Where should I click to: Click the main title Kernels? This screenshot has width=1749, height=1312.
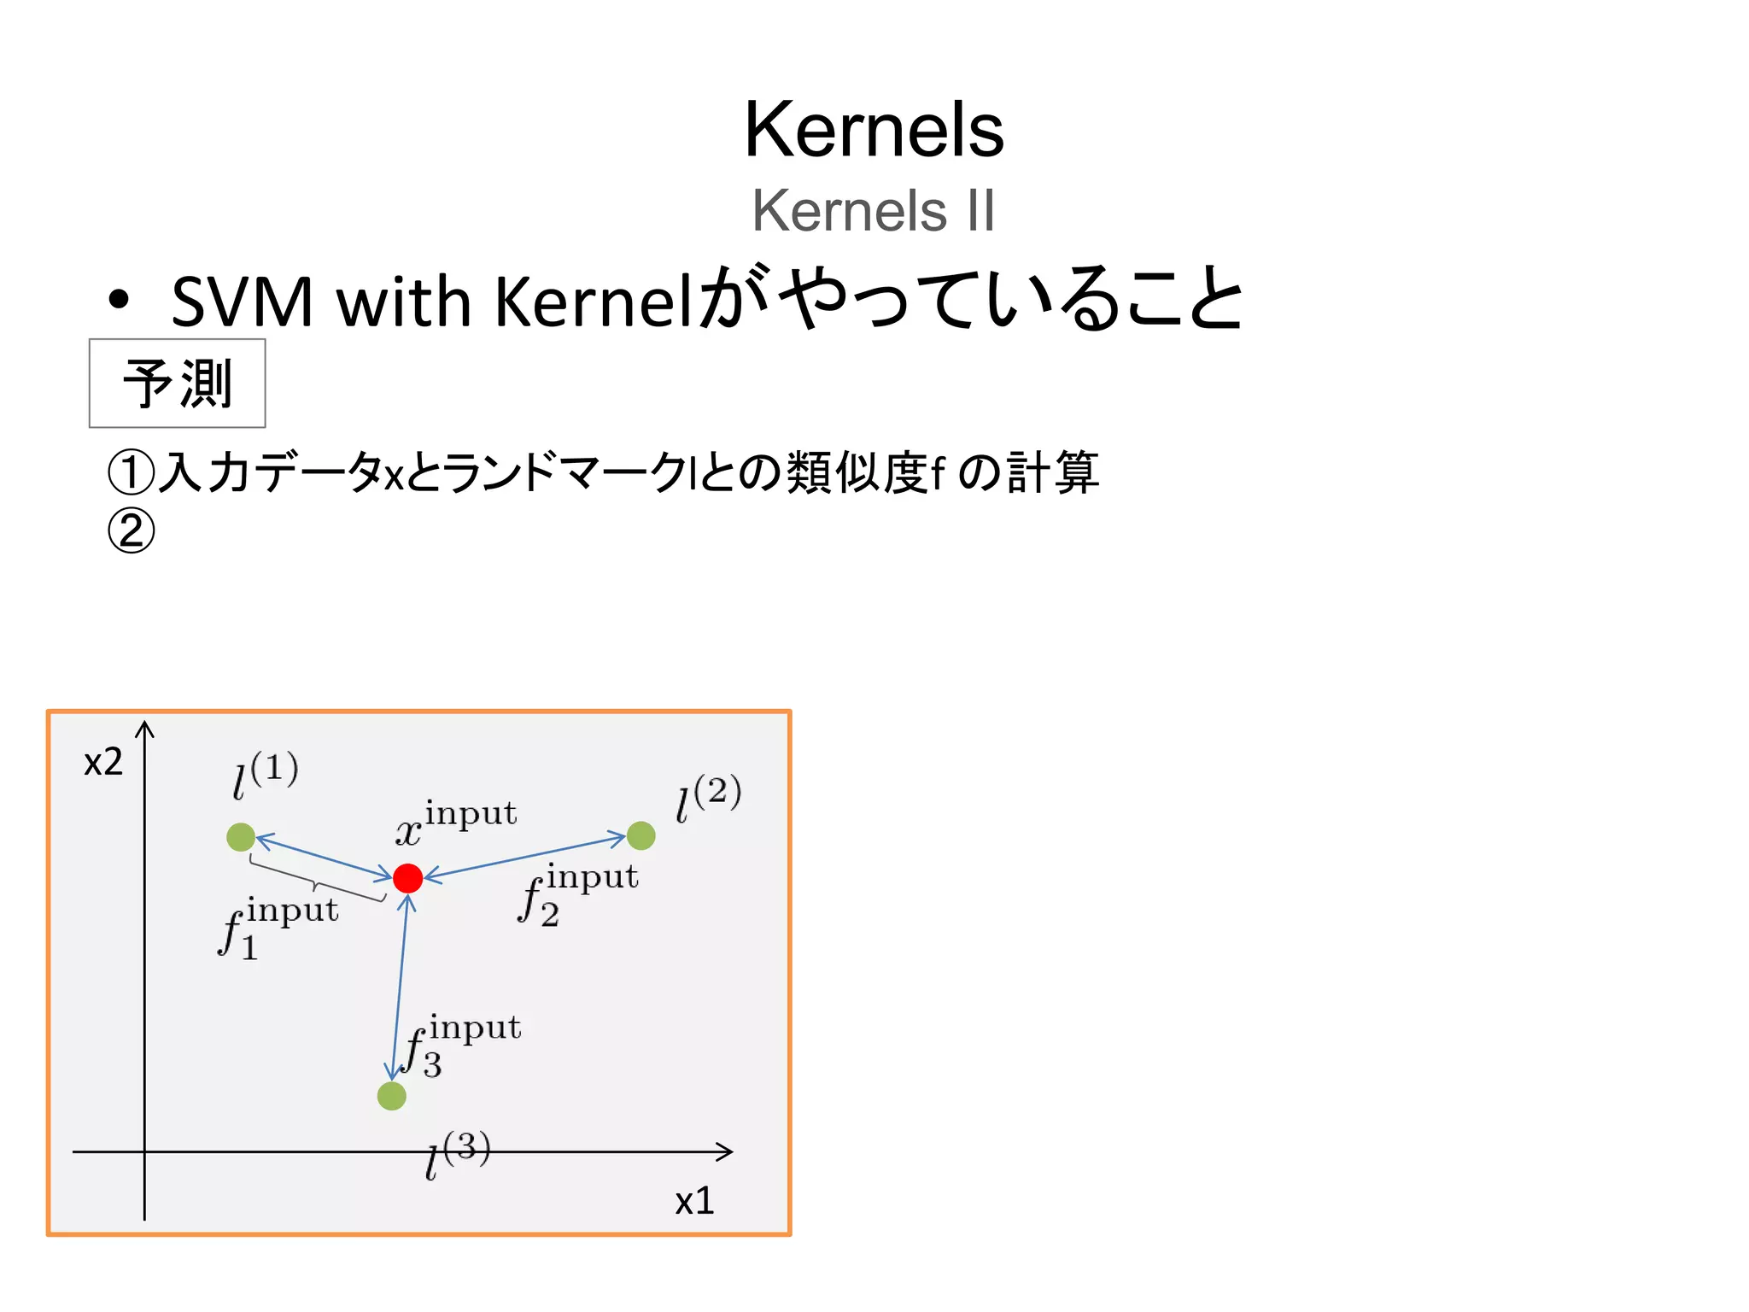point(874,130)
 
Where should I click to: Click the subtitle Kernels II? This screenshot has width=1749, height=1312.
point(873,211)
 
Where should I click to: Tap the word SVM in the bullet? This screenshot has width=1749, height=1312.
point(243,302)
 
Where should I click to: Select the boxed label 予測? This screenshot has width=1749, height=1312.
point(177,384)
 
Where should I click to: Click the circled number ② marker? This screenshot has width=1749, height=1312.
point(132,530)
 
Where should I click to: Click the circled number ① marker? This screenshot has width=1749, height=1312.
point(132,471)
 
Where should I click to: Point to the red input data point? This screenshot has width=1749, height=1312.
point(407,877)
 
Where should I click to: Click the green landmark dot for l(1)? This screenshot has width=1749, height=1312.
point(241,837)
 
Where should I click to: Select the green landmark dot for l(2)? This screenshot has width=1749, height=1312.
point(641,835)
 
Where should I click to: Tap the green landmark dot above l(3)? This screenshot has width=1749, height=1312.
point(391,1096)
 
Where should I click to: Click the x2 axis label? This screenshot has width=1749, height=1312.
point(103,762)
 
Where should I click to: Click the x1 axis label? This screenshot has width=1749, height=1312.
point(694,1201)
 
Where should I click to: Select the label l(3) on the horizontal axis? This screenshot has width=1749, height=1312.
point(458,1155)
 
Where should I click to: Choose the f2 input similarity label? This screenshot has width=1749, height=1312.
point(578,893)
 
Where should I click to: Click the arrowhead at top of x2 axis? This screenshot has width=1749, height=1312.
point(145,728)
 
